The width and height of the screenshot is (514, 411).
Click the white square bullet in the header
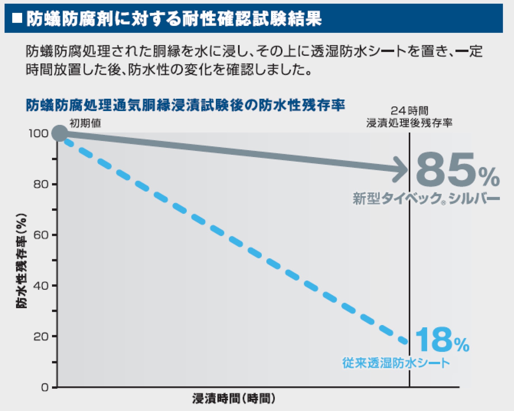[x=17, y=18]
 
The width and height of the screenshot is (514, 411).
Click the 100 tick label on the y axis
[x=38, y=133]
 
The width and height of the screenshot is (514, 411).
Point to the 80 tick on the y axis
[x=41, y=184]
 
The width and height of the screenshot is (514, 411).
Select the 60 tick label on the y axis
[x=41, y=235]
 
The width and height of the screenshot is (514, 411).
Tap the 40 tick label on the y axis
[x=41, y=286]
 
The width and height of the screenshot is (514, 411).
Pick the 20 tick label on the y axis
[x=41, y=337]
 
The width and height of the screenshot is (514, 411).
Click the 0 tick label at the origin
[x=45, y=387]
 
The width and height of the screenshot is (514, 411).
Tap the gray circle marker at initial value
[x=59, y=133]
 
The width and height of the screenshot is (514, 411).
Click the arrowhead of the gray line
[x=401, y=170]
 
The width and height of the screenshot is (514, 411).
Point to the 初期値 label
[x=85, y=123]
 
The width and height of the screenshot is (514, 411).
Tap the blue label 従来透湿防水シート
[x=396, y=363]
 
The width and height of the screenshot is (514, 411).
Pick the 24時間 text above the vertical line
[x=409, y=111]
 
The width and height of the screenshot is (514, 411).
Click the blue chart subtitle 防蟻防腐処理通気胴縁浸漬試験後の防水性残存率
[x=185, y=105]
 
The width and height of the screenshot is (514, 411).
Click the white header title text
[x=174, y=19]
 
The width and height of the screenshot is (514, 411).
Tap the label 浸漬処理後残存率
[x=409, y=123]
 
